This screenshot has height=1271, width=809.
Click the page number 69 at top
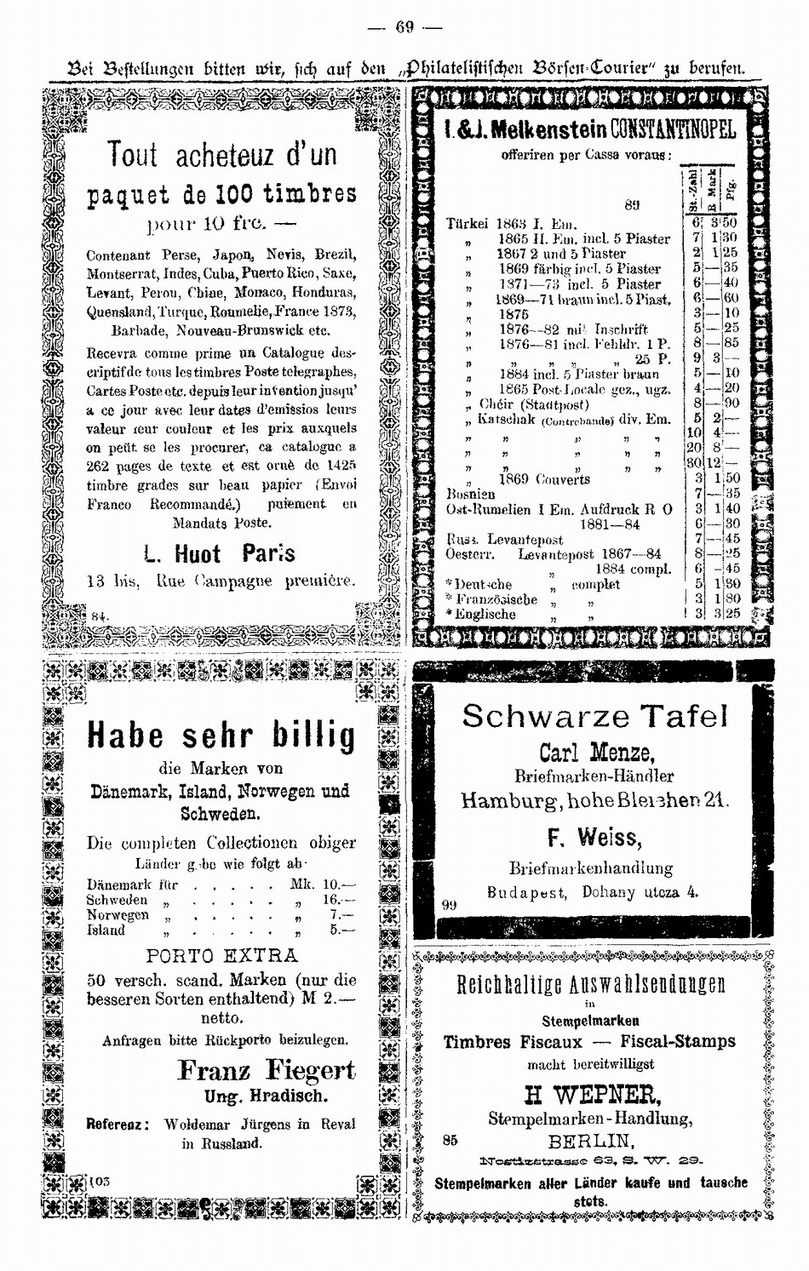(x=404, y=27)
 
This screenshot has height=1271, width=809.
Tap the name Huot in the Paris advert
(x=198, y=555)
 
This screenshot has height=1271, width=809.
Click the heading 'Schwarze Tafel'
(x=595, y=717)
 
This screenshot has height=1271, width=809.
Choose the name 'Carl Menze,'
(x=596, y=753)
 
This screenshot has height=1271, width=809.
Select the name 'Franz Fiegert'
(x=266, y=1070)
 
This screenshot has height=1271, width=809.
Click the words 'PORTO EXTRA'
(x=222, y=955)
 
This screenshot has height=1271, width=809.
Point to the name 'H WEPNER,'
(x=593, y=1094)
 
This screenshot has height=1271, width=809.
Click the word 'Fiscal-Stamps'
(x=678, y=1041)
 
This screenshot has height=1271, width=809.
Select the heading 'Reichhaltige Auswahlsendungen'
(x=591, y=985)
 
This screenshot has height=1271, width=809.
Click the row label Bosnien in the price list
(x=471, y=494)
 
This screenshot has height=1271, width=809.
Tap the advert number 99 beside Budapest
(x=450, y=905)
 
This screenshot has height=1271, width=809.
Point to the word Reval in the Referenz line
(x=338, y=1124)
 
